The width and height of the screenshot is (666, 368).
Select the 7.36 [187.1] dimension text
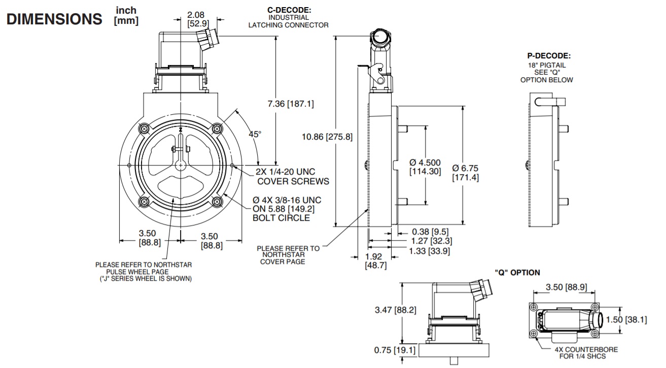pos(291,104)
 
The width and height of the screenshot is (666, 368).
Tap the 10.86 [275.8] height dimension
pos(327,137)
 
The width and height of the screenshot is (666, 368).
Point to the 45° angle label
pos(255,134)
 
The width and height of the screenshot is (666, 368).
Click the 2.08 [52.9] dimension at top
pos(196,19)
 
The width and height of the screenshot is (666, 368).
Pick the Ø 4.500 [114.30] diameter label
pos(425,167)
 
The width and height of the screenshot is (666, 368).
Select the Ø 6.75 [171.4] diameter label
pos(465,173)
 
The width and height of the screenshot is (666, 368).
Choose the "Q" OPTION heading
pos(517,273)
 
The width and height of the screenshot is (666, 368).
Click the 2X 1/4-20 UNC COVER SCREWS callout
pos(292,177)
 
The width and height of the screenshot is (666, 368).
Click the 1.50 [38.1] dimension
pos(643,320)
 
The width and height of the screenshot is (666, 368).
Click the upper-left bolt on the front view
pos(145,128)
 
